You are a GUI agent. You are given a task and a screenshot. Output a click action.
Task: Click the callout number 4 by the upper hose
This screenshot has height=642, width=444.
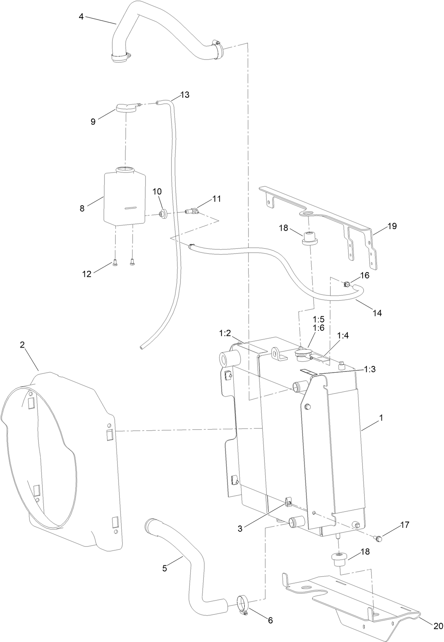tap(81, 16)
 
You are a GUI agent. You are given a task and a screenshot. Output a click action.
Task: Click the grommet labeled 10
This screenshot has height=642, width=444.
tap(163, 213)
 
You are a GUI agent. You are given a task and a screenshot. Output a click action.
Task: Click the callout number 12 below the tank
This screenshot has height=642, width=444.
tap(86, 274)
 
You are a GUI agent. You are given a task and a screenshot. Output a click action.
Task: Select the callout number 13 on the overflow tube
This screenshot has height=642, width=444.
tap(185, 95)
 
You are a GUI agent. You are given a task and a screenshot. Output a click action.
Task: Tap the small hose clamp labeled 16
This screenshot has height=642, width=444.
tap(346, 284)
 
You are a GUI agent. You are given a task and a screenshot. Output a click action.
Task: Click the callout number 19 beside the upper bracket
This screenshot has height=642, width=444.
tap(392, 226)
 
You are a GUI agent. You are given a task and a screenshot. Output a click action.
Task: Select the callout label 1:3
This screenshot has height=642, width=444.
tap(371, 369)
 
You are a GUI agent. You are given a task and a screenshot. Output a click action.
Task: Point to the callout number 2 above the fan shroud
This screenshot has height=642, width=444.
tap(22, 345)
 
